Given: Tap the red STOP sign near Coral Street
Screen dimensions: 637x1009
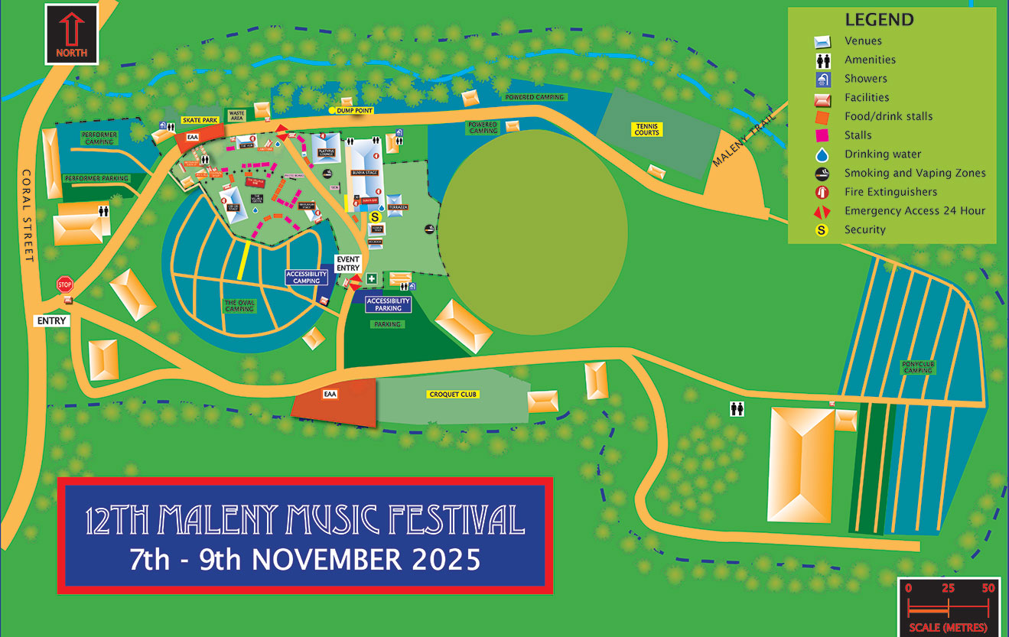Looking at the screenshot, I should (64, 284).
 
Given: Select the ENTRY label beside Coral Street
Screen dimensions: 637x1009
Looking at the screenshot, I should (52, 321).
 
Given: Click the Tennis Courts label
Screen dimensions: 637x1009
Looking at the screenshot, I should (646, 129).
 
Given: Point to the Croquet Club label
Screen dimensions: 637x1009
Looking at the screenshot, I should (453, 395).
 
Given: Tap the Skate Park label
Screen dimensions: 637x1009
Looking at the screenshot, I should (200, 121).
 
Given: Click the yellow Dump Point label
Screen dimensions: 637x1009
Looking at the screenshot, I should (354, 111).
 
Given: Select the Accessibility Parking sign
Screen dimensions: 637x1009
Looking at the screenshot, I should (389, 304).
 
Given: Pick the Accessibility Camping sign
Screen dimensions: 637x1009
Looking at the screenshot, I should (306, 277).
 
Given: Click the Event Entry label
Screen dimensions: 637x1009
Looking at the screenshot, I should (347, 264).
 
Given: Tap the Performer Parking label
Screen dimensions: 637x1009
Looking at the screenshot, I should (96, 178).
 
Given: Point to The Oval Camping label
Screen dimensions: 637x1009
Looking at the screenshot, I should (239, 305).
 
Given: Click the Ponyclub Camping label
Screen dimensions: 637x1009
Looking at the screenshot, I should (918, 368).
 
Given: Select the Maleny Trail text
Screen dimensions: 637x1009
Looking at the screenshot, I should (743, 138).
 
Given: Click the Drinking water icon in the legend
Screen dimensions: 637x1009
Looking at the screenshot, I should (822, 154).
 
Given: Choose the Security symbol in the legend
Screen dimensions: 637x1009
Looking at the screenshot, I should (822, 229).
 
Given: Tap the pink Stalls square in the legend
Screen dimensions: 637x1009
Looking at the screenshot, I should (822, 135).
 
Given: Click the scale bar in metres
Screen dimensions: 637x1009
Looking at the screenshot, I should (948, 609).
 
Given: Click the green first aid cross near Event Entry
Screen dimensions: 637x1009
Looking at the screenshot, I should (371, 278).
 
